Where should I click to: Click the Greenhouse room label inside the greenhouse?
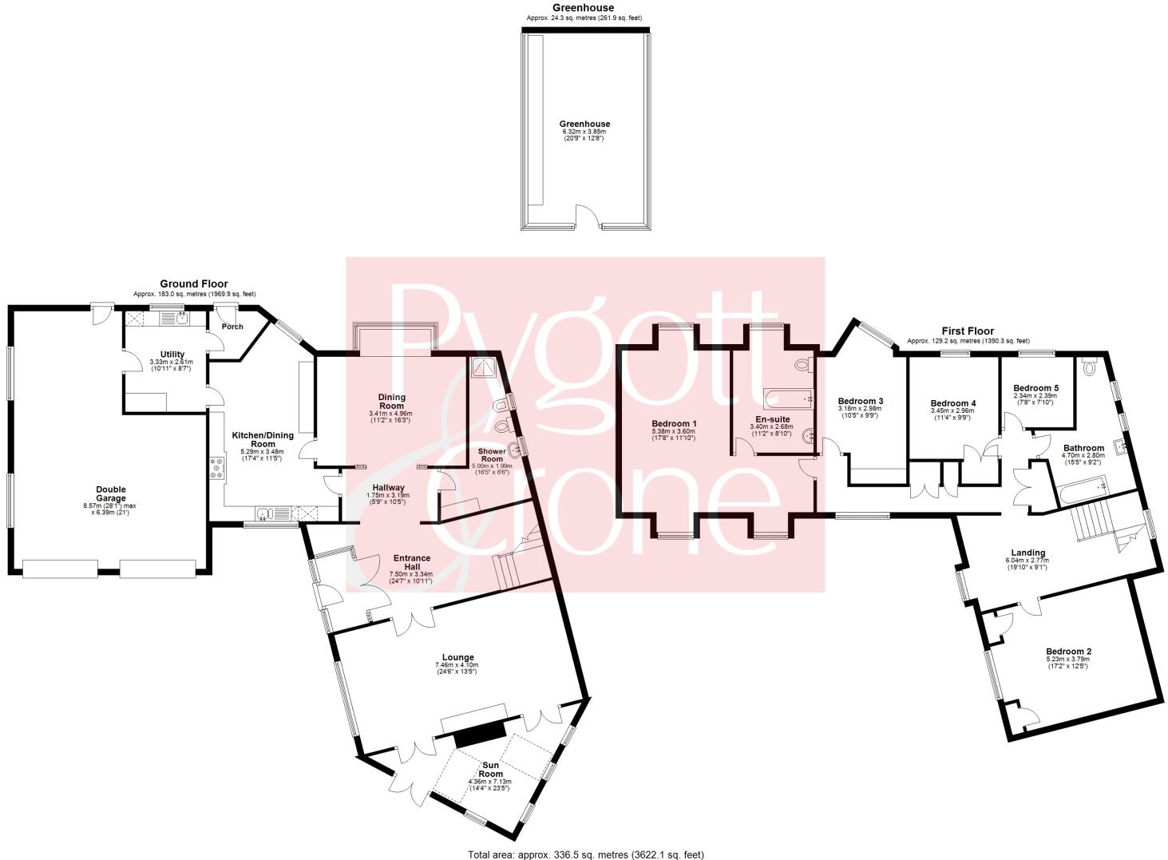click(584, 124)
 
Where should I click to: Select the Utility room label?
click(172, 355)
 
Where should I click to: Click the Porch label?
click(232, 327)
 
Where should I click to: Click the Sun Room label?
click(491, 770)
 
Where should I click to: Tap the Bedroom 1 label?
click(674, 423)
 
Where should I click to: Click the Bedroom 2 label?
click(1068, 652)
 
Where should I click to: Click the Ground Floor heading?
click(194, 283)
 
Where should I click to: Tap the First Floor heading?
click(967, 331)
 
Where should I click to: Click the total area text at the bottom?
click(585, 854)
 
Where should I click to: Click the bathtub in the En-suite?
click(788, 398)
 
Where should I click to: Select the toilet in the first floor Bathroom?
click(1089, 367)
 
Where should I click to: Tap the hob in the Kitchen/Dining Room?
click(216, 467)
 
